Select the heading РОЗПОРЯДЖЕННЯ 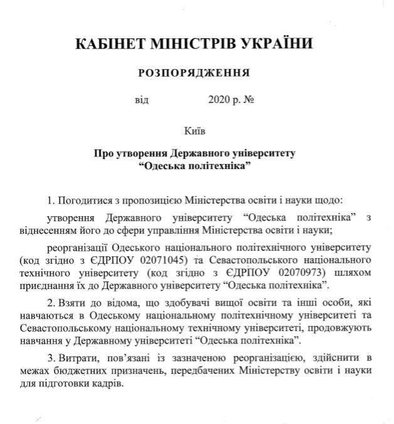(x=194, y=73)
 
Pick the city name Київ (x=194, y=131)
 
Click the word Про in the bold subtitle (x=104, y=153)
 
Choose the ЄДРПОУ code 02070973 (x=300, y=272)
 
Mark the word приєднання (x=45, y=284)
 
